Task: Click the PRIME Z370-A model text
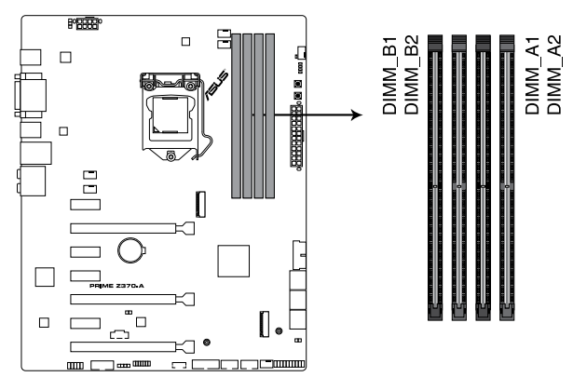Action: point(118,288)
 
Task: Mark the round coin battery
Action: point(129,249)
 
